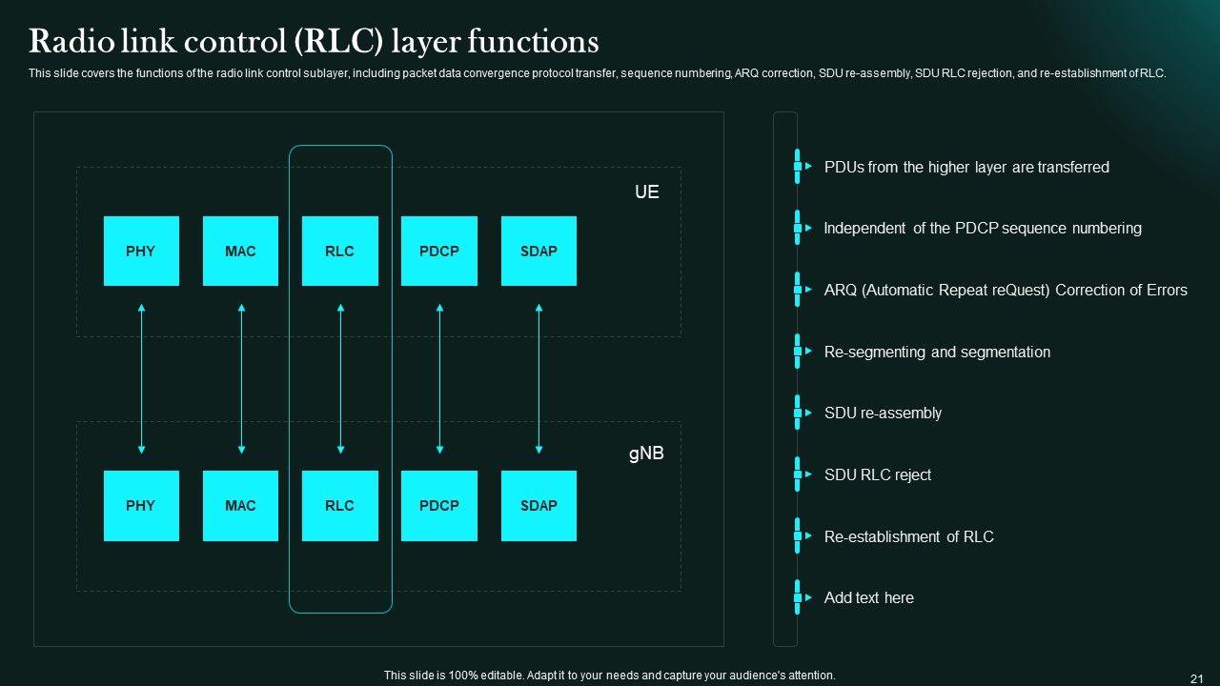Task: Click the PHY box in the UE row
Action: pos(141,251)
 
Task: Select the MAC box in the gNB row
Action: pos(240,506)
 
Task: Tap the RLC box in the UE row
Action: pos(339,251)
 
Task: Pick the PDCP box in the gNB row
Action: pos(438,506)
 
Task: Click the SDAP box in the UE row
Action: pos(539,251)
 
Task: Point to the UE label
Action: pos(646,192)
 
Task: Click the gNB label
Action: pos(646,454)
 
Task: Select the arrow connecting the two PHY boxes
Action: pos(141,378)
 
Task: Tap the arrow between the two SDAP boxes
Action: pos(539,378)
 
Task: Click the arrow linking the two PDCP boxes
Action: pos(439,378)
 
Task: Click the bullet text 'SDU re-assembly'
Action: pos(883,414)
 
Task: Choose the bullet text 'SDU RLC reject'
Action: pos(877,474)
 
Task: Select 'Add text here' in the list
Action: pos(868,598)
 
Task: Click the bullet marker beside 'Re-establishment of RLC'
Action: pos(798,536)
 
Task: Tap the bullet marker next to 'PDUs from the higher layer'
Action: pos(798,167)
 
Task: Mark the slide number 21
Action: pos(1197,677)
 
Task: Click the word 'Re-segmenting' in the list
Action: pos(875,352)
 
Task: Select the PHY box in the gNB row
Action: pos(141,506)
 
